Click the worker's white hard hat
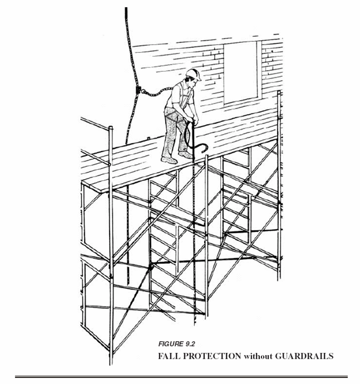click(x=193, y=73)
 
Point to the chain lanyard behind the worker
click(x=155, y=93)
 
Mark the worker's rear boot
click(x=169, y=159)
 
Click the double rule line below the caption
click(x=181, y=377)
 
